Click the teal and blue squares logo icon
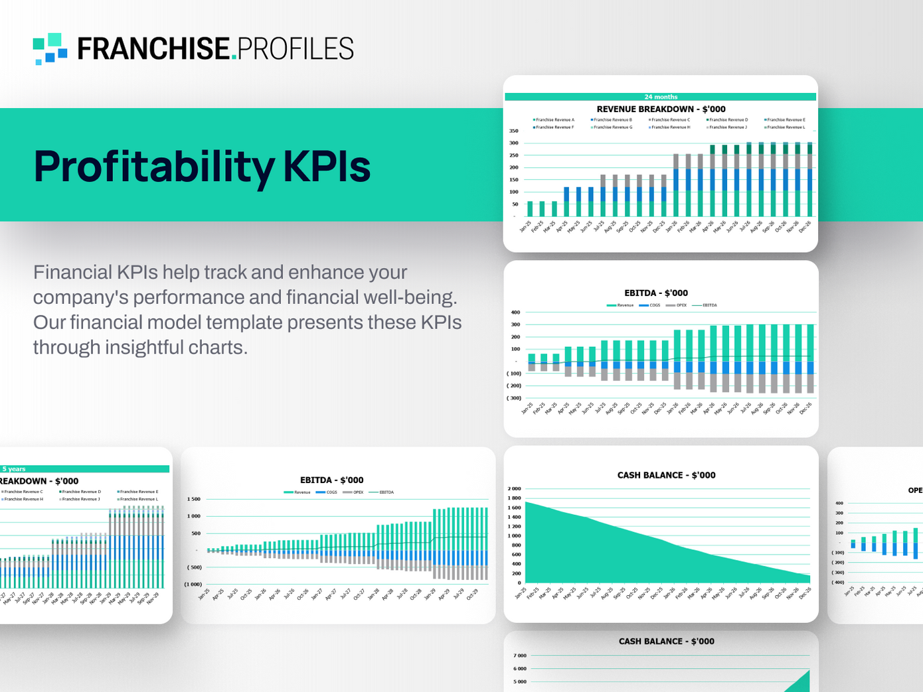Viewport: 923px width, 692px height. [50, 48]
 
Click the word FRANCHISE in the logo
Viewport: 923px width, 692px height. [153, 49]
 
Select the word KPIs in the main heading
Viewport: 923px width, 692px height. [327, 167]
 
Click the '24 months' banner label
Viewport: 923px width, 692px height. [661, 97]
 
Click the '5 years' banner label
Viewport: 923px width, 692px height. [14, 469]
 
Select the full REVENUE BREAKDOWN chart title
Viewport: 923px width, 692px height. [661, 109]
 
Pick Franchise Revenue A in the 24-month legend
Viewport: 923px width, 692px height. [554, 120]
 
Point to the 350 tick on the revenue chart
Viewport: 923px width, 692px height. [514, 131]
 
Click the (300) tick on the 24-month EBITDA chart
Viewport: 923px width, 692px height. [514, 398]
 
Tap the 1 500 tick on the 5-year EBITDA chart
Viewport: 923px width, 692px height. [193, 499]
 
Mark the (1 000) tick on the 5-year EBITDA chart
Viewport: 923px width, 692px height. [193, 585]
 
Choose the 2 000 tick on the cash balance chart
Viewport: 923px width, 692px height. [514, 489]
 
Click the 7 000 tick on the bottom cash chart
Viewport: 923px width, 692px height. [519, 656]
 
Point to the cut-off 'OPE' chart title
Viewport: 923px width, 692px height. [915, 490]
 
